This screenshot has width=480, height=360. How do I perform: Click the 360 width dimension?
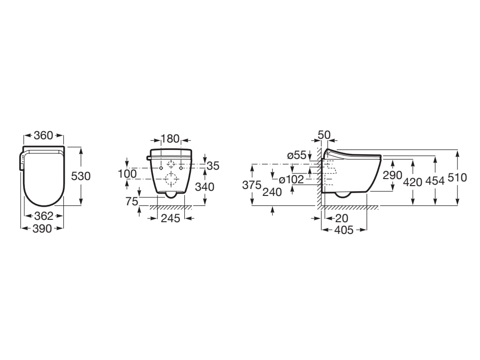click(x=44, y=135)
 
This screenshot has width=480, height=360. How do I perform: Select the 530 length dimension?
click(x=81, y=176)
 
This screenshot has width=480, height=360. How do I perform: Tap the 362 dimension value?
click(x=44, y=216)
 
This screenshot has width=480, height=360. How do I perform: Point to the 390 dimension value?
click(x=42, y=228)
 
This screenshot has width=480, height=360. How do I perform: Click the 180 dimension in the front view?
click(x=170, y=139)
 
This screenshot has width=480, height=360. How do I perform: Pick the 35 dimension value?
click(x=213, y=166)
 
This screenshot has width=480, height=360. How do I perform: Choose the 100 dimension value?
click(x=127, y=174)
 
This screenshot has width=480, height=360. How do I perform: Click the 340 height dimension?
click(x=205, y=187)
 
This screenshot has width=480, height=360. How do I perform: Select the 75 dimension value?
click(x=132, y=202)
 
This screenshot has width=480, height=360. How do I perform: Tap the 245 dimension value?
click(x=171, y=218)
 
